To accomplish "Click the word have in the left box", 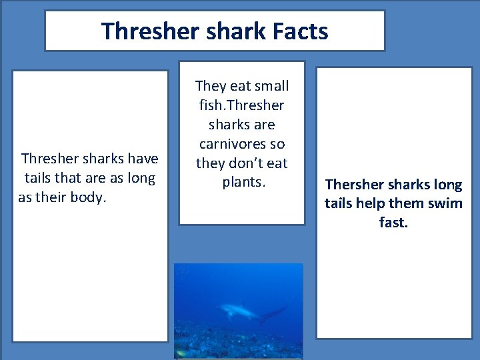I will point(143,159).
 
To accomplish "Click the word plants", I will point(243,182).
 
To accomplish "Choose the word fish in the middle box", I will point(211,105).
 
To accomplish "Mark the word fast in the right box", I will point(393,223).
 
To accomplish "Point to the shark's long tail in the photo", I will point(273,313).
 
